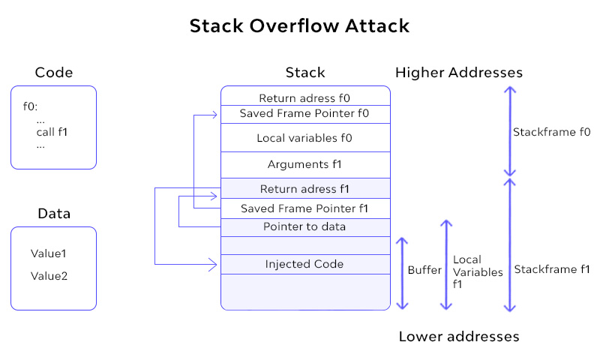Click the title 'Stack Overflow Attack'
[299, 26]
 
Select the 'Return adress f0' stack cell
[304, 97]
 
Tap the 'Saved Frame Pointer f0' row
[304, 114]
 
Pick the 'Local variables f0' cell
[304, 138]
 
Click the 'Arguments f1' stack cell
[304, 164]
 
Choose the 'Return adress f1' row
[304, 188]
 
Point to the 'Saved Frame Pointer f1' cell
[304, 208]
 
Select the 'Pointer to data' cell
[304, 226]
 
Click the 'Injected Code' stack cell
[304, 264]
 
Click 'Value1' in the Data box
[49, 253]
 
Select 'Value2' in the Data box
[49, 276]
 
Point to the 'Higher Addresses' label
[458, 73]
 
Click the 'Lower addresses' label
[458, 336]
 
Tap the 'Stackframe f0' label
[551, 132]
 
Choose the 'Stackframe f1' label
[551, 269]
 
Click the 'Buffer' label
[424, 270]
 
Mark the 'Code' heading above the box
[54, 73]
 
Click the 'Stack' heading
[305, 73]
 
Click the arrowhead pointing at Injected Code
[216, 264]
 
